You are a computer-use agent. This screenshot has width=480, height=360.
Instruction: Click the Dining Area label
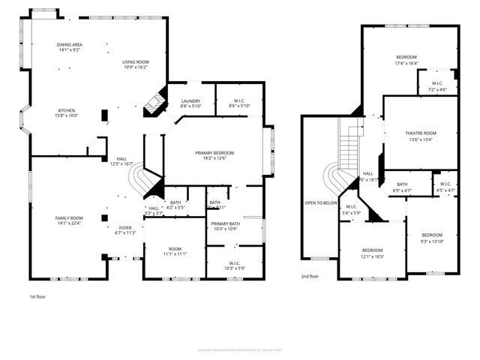click(x=70, y=45)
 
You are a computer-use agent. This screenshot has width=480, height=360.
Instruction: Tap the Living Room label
click(x=136, y=62)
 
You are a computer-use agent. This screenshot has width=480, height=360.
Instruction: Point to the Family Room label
click(x=67, y=217)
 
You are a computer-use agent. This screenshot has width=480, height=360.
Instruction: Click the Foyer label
click(x=124, y=227)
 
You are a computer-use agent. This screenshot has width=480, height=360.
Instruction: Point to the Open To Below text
click(x=319, y=202)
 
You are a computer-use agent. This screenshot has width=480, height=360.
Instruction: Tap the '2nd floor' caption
click(x=310, y=276)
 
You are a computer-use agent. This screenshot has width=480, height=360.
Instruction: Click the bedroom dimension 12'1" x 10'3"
click(x=373, y=256)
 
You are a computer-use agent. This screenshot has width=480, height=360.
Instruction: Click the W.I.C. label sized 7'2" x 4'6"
click(x=438, y=89)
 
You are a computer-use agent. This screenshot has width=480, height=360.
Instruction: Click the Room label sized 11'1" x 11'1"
click(x=175, y=253)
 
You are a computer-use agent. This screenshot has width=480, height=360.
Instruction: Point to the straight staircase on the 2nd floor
click(x=349, y=147)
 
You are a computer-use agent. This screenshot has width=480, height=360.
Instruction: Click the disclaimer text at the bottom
click(x=240, y=349)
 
